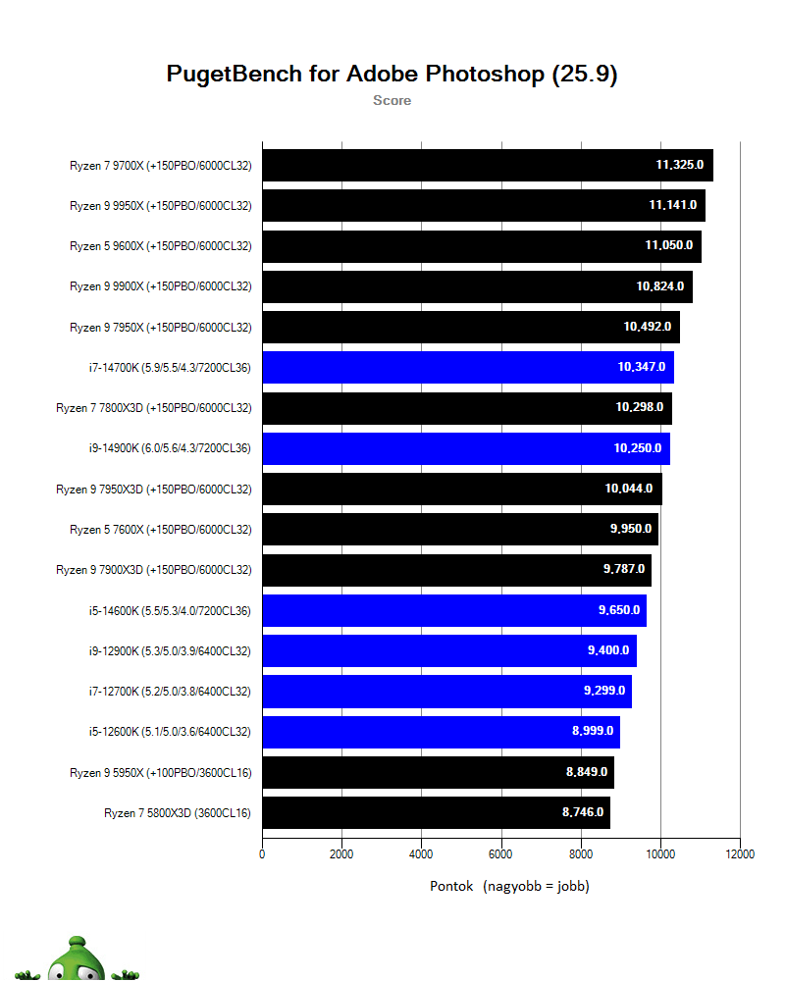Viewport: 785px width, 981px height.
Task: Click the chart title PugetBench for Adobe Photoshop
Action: (x=392, y=75)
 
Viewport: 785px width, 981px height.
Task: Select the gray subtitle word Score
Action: (x=392, y=100)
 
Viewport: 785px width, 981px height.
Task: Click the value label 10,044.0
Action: (x=629, y=489)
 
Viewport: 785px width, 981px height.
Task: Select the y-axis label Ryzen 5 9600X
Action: (x=161, y=246)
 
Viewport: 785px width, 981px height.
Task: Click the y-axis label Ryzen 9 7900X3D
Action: (x=154, y=570)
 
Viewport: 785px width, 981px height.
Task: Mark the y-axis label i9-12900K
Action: (x=169, y=650)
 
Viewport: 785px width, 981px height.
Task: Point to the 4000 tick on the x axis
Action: (x=421, y=854)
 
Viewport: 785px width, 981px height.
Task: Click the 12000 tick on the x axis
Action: (x=740, y=854)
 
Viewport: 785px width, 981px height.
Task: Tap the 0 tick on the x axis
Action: (x=262, y=854)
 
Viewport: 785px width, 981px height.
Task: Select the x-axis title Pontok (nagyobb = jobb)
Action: (x=509, y=886)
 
